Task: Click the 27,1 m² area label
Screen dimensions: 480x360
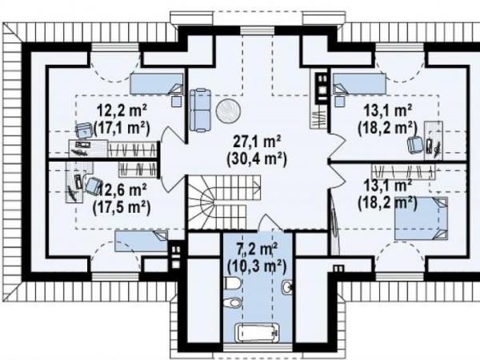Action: [257, 142]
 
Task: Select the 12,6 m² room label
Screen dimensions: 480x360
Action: [122, 190]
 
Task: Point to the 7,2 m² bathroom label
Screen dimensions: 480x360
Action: [257, 249]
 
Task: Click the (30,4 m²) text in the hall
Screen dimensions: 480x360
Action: [257, 159]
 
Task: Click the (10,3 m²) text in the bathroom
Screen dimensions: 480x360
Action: [257, 266]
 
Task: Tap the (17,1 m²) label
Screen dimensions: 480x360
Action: [122, 128]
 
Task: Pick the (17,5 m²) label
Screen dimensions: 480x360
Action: [122, 207]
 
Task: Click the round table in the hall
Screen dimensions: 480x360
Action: [228, 111]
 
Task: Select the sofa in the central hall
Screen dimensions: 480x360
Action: [200, 110]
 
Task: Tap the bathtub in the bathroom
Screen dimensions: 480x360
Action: [257, 333]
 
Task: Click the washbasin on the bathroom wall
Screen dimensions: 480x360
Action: [287, 287]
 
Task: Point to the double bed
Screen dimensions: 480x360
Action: [421, 218]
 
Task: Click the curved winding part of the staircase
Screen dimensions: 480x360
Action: [202, 202]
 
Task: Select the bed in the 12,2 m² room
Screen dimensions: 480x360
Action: [157, 83]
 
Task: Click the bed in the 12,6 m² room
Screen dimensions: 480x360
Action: [141, 242]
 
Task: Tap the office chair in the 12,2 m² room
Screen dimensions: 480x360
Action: [83, 130]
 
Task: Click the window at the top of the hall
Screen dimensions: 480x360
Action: [257, 30]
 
